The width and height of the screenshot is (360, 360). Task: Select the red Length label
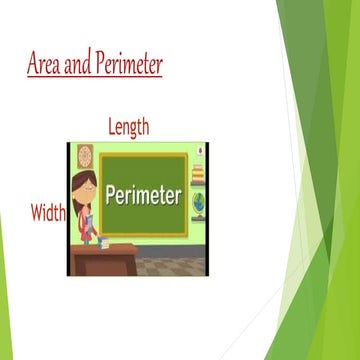coord(128,127)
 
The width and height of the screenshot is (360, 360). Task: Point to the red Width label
coord(47,212)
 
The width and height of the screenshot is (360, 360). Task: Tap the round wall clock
coord(85,156)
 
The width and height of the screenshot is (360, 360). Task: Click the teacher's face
coord(82,189)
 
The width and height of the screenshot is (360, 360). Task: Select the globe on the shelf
coord(198,203)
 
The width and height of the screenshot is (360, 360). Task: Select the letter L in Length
coord(111,127)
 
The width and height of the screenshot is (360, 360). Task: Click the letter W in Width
coord(36,212)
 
